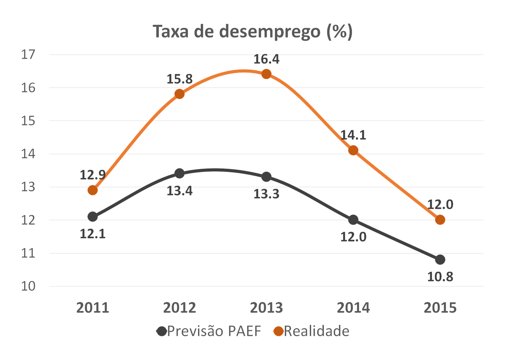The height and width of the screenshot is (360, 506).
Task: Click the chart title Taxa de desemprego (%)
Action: coord(252,32)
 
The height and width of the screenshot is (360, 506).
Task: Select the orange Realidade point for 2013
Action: coord(266,74)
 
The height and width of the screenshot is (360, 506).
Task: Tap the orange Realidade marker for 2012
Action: coord(179,94)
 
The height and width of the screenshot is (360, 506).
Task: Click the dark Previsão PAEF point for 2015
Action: coord(440,260)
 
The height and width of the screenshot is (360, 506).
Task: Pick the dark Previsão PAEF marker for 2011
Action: coord(93,217)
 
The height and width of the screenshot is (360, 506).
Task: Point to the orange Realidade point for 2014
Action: coord(353,150)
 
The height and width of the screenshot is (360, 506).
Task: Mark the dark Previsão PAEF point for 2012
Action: coord(179,173)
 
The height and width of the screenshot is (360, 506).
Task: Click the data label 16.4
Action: coord(266,59)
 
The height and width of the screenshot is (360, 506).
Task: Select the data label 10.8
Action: coord(440,276)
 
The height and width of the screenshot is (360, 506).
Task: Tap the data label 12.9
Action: coord(93,175)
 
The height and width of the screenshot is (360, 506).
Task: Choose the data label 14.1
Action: coord(353,135)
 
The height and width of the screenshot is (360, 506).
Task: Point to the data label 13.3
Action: coord(266,194)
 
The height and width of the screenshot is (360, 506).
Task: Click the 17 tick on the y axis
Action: coord(28,55)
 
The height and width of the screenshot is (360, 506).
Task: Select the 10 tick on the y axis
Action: coord(28,286)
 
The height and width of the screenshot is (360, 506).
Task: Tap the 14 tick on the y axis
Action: coord(28,154)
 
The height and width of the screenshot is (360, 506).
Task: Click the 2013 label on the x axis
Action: coord(266,308)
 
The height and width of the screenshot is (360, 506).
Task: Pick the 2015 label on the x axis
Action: coord(440,308)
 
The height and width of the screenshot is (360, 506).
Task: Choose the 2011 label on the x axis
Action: coord(93,308)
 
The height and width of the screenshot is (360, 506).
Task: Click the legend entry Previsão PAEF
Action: coord(209,331)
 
